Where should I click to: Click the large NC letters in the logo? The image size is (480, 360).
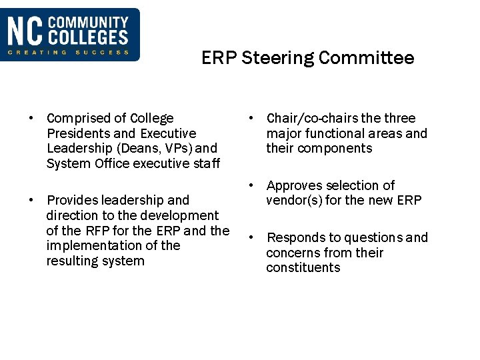point(25,32)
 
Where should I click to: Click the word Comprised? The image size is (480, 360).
point(77,118)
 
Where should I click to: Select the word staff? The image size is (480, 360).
point(207,163)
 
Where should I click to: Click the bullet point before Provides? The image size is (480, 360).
point(31,200)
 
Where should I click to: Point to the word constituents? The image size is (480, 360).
point(303,267)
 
